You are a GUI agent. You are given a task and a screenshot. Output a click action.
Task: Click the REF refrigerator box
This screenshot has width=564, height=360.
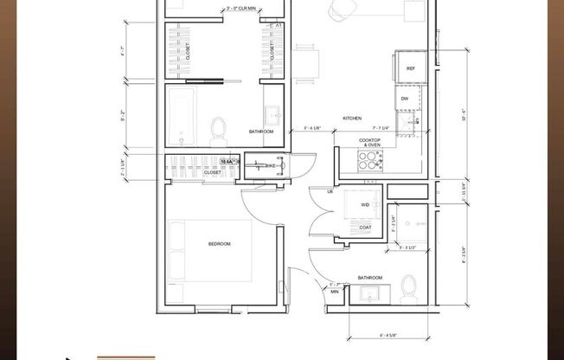(409, 67)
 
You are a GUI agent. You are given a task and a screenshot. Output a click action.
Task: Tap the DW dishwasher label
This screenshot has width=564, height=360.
(405, 99)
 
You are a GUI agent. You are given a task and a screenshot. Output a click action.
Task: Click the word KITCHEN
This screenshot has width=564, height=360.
(352, 118)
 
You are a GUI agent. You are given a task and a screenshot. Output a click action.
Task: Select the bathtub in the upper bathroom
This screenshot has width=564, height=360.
(183, 116)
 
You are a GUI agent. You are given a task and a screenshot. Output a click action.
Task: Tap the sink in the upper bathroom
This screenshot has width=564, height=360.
(273, 113)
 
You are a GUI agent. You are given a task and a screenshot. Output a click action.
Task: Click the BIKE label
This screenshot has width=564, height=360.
(270, 164)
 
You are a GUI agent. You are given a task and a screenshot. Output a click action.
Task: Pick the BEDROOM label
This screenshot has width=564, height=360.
(219, 244)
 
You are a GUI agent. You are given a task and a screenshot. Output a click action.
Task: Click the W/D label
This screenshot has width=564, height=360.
(365, 205)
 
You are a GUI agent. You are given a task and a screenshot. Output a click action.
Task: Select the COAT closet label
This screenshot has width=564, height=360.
(365, 228)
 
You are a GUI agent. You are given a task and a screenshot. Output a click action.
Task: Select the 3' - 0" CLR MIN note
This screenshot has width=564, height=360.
(220, 10)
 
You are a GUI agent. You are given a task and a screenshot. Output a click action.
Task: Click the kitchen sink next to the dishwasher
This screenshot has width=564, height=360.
(413, 122)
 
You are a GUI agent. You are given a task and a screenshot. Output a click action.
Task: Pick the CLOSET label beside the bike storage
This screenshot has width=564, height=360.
(213, 172)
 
